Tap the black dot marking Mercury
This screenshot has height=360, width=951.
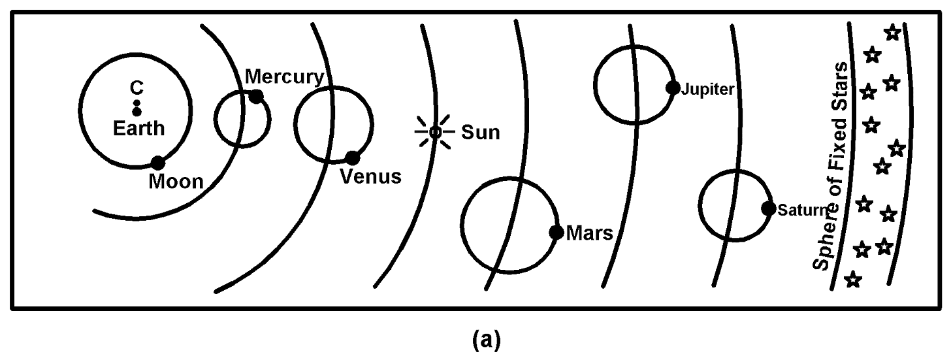[x=257, y=96]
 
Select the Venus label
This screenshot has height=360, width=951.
[x=371, y=176]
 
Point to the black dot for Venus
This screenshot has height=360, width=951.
[x=352, y=158]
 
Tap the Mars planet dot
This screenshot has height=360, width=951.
[x=556, y=232]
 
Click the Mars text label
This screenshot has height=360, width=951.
[x=590, y=233]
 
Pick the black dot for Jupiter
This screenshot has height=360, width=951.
[x=672, y=88]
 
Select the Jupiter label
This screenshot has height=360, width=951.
[x=707, y=89]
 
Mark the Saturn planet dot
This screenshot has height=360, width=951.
[x=769, y=209]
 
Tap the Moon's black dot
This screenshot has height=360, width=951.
[x=157, y=163]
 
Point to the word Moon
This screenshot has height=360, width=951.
[x=176, y=181]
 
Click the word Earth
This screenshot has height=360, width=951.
[x=139, y=128]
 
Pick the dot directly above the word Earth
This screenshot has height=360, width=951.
[x=137, y=112]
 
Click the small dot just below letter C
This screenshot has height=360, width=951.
[x=137, y=103]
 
